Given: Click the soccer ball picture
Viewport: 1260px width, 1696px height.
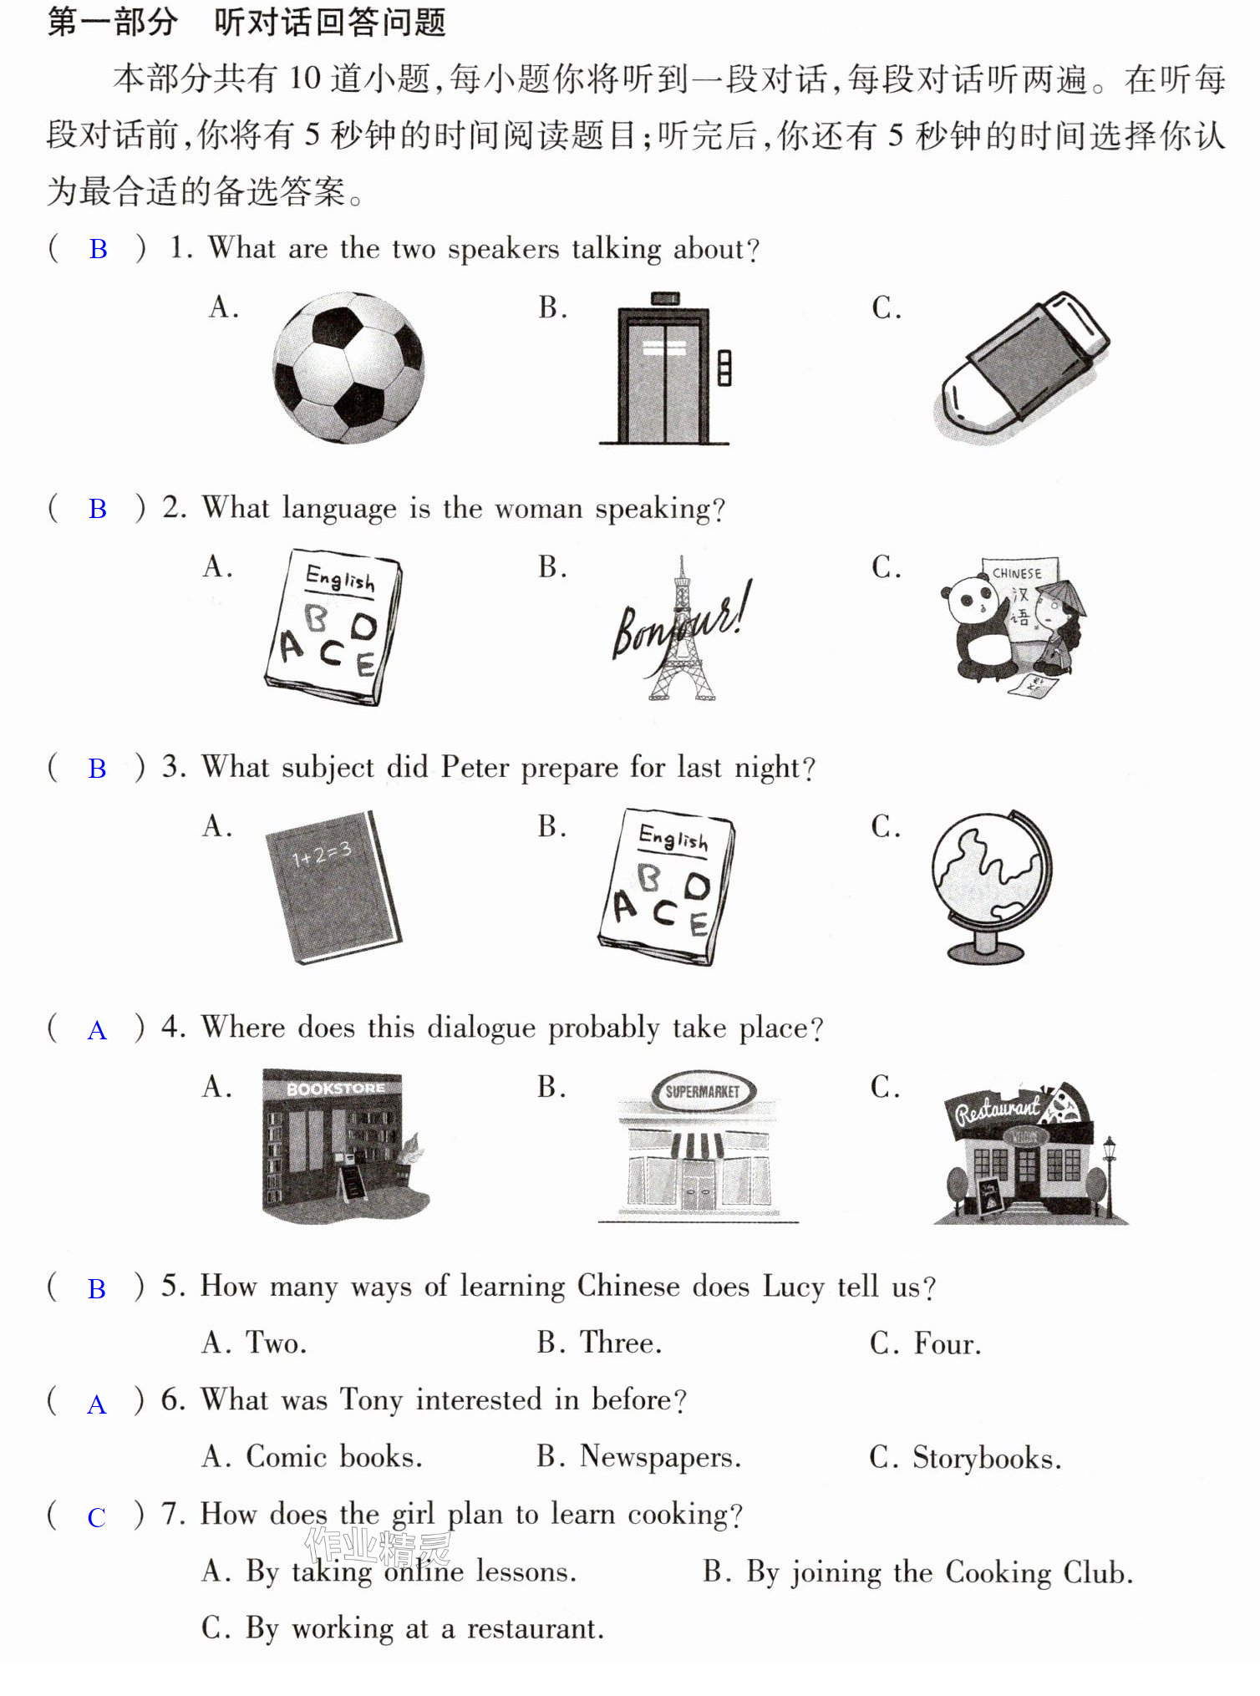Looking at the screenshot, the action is pos(348,368).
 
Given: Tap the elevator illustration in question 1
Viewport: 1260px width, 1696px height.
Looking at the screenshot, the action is pos(665,368).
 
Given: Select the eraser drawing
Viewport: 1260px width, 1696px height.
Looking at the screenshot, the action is pos(1022,368).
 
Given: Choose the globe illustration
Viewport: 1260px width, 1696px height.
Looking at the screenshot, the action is pos(991,886).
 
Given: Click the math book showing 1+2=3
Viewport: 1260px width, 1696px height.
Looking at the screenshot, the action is pos(333,886).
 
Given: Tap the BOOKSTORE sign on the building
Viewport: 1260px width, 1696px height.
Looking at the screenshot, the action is pos(335,1089).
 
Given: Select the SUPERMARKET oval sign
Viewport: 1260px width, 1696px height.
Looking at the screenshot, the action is pos(703,1091).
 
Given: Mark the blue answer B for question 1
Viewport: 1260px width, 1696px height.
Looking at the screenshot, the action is pos(99,249).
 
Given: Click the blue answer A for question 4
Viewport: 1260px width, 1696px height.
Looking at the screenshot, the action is pos(98,1030).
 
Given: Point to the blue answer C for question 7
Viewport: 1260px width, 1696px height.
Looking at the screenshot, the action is pos(97,1517).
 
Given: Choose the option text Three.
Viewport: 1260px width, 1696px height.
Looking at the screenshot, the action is pos(621,1343).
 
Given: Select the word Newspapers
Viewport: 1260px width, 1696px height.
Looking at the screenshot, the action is pos(660,1457).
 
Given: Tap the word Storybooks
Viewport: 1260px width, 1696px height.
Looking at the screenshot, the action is pos(987,1458).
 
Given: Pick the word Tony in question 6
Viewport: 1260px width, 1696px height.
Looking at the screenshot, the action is pos(372,1400).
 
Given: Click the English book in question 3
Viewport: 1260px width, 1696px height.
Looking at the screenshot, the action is pos(667,886).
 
